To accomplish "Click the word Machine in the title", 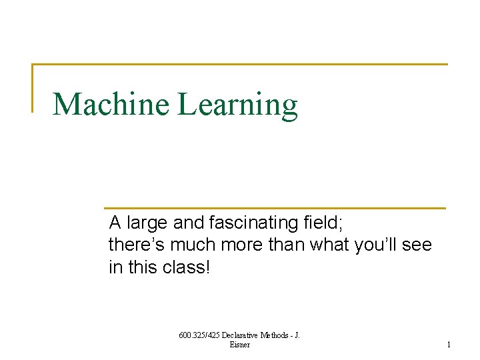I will pyautogui.click(x=111, y=104).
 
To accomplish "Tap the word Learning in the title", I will pyautogui.click(x=237, y=105).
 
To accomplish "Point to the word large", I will pyautogui.click(x=141, y=222).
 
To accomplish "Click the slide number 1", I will pyautogui.click(x=449, y=345).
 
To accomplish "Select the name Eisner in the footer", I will pyautogui.click(x=239, y=345).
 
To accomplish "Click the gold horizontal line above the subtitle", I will pyautogui.click(x=274, y=208).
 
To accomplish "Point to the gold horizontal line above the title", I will pyautogui.click(x=240, y=65).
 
